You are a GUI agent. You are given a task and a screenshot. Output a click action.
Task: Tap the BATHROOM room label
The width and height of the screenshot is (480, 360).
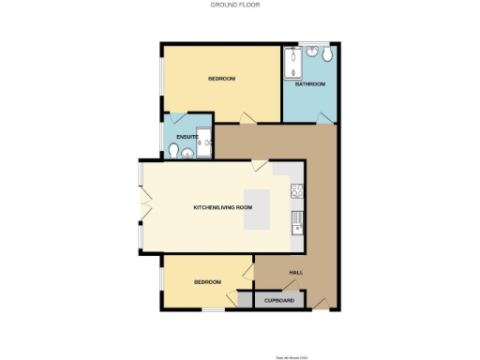[310, 84]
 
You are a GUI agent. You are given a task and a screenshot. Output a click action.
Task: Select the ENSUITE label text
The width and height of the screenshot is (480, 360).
[187, 138]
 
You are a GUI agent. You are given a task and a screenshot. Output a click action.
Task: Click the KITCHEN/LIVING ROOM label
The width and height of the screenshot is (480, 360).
[223, 206]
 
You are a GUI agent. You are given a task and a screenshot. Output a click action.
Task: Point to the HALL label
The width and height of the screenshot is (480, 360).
[295, 272]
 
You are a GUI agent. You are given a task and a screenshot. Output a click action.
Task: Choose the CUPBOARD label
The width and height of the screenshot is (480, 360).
[279, 301]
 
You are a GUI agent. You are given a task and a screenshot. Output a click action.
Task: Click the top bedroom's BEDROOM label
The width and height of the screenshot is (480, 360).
[221, 79]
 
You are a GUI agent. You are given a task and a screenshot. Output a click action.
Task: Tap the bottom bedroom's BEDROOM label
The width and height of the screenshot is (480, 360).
[207, 282]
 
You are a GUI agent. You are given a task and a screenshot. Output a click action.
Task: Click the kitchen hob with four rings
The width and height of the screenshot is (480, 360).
[296, 191]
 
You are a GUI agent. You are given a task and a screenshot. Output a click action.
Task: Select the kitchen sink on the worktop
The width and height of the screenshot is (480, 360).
[296, 222]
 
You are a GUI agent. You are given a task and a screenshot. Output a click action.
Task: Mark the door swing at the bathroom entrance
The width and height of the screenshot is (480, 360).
[323, 116]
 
